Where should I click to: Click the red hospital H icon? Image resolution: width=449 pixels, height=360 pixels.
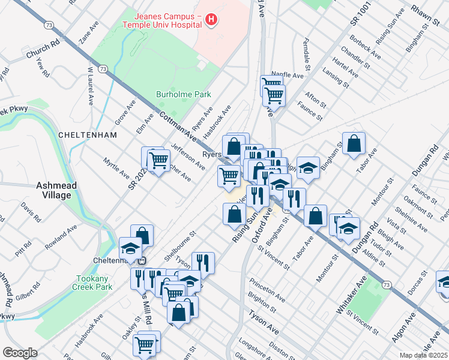coord(211,20)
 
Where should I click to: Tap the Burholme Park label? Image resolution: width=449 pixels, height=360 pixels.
coord(175,94)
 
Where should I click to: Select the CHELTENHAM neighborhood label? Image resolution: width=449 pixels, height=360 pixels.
coord(87,135)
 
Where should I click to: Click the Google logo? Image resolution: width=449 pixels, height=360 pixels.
coord(20,353)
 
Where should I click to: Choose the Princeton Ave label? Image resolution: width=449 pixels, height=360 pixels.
coord(268,289)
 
